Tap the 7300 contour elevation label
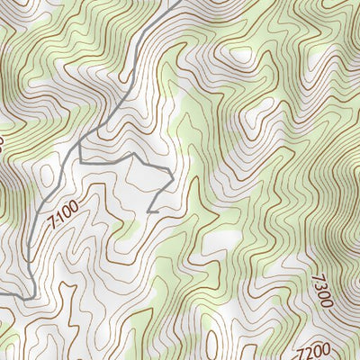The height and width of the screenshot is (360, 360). [323, 290]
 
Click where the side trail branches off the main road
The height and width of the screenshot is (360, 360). [77, 143]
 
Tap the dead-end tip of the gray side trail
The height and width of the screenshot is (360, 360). [148, 211]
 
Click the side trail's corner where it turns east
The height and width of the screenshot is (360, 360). [79, 161]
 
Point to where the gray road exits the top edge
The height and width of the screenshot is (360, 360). [170, 2]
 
